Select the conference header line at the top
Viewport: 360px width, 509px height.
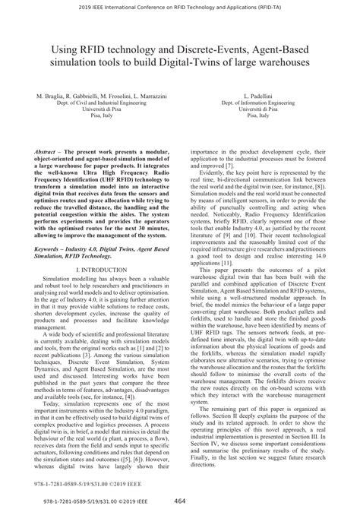180,6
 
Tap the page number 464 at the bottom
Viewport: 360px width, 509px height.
180,502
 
